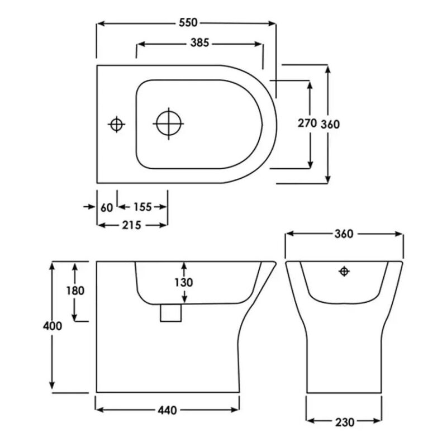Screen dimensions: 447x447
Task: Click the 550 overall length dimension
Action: click(188, 23)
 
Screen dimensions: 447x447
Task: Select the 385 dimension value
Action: click(199, 43)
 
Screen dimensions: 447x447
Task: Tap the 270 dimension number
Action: click(307, 123)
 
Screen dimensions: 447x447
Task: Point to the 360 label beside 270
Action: click(330, 124)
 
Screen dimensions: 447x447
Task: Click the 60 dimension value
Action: click(107, 207)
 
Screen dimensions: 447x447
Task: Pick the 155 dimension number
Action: click(142, 207)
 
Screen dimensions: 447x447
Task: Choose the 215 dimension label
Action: click(132, 225)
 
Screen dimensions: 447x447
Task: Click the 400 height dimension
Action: click(53, 326)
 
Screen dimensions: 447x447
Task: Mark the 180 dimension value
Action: click(75, 291)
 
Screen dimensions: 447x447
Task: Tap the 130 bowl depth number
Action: click(184, 282)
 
